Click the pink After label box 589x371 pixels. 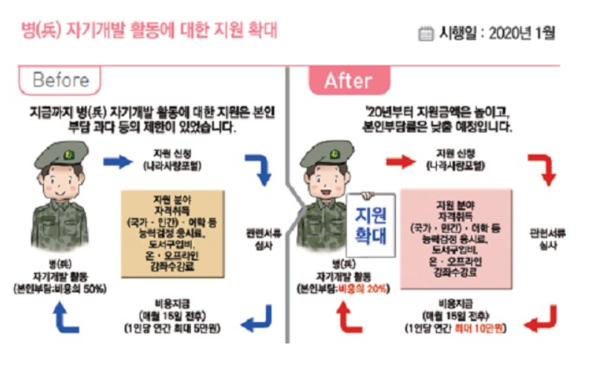pos(348,80)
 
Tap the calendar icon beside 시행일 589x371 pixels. pos(426,33)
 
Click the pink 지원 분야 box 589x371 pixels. pos(457,229)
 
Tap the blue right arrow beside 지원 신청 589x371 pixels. pos(117,161)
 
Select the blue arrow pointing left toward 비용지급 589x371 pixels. pos(258,321)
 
